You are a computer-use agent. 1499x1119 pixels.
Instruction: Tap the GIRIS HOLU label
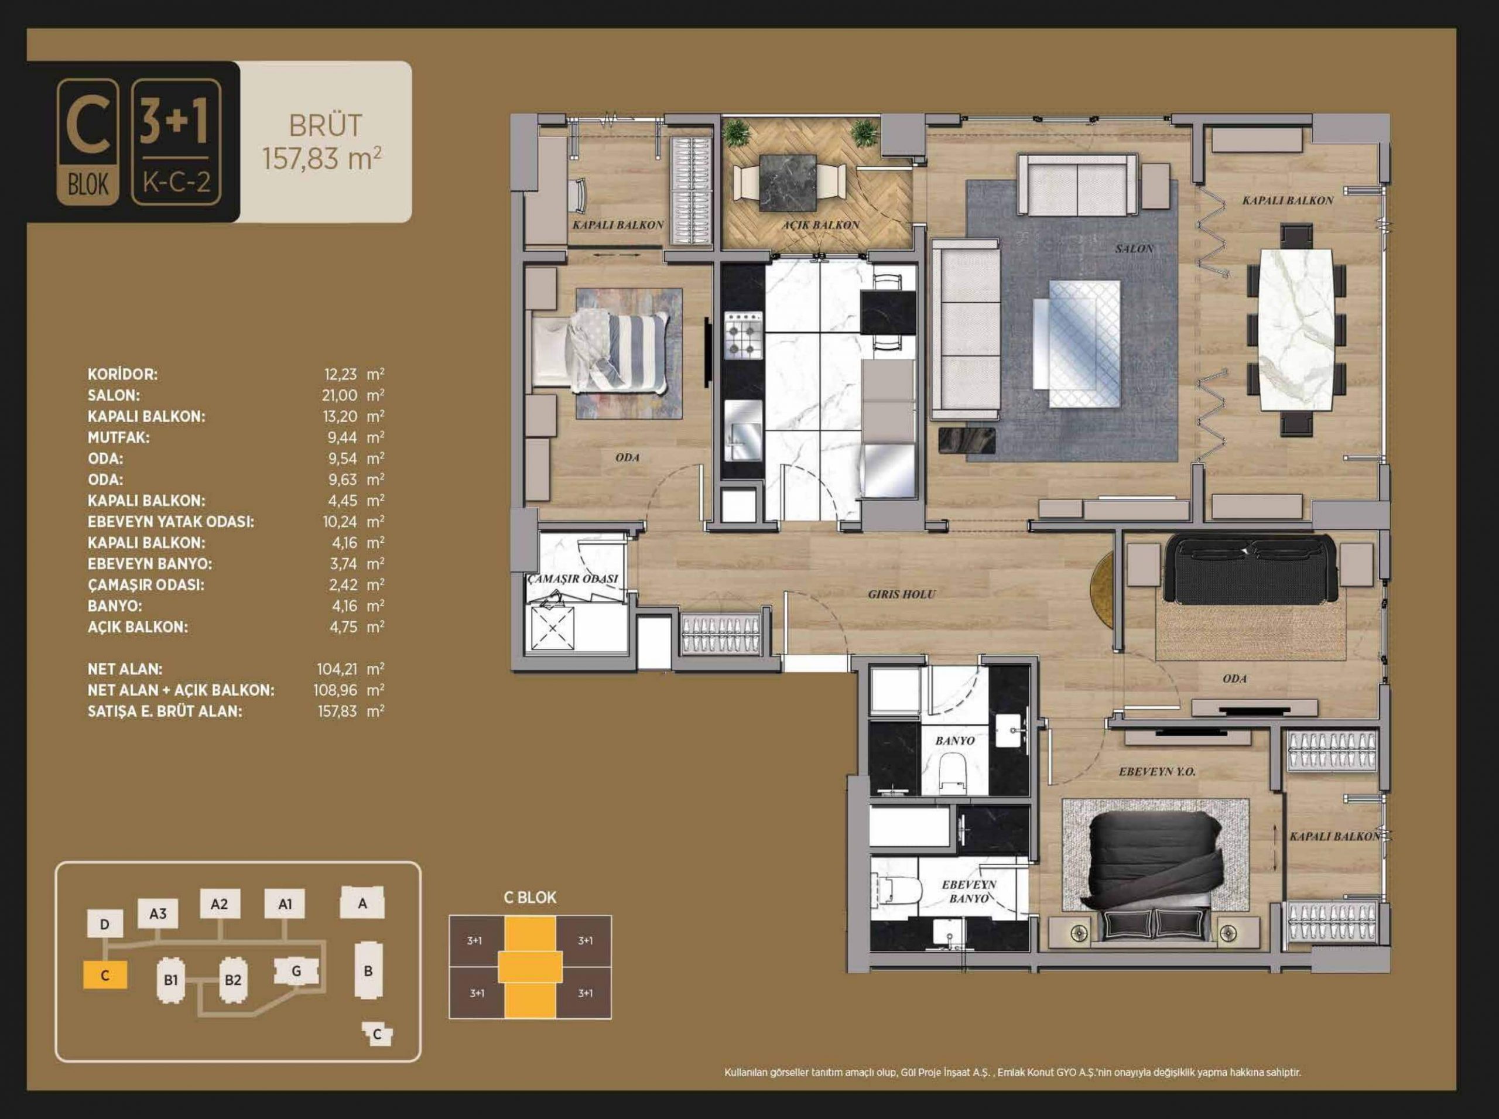[901, 594]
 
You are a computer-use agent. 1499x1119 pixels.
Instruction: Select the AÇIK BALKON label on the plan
[821, 225]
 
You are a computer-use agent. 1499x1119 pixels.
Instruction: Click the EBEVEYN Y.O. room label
[1157, 772]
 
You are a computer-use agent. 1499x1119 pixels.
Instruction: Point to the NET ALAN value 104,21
[337, 669]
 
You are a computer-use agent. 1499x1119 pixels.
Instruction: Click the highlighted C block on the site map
[105, 976]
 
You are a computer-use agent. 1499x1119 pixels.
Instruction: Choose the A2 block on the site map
[220, 904]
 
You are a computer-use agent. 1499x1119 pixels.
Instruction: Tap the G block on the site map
[296, 971]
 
